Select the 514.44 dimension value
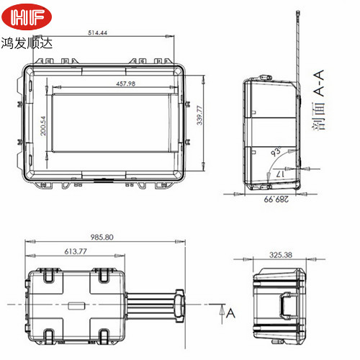tap(98, 32)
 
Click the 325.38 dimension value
tap(280, 255)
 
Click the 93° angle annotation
tap(274, 153)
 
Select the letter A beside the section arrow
tap(230, 312)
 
